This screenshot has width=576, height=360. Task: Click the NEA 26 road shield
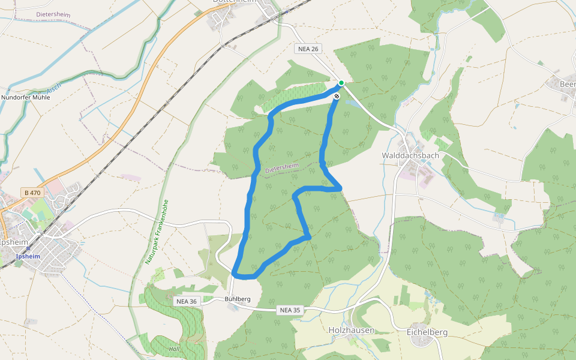coord(306,49)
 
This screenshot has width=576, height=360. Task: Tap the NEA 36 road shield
coord(185,301)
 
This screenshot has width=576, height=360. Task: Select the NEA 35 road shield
coord(289,310)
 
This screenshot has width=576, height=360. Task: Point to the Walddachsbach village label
coord(410,155)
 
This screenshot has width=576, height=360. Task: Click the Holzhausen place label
coord(352,331)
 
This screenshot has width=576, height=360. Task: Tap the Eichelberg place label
coord(427,332)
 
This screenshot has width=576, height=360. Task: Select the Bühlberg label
coord(237,299)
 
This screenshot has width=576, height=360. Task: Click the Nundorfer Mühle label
coord(26,97)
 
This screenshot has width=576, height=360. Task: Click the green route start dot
coord(341,83)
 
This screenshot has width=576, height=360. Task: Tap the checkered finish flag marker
coord(337,95)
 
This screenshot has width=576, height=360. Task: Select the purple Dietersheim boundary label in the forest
coord(282,168)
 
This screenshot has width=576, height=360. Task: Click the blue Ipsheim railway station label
coord(28,256)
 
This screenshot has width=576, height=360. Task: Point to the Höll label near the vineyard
coord(174,349)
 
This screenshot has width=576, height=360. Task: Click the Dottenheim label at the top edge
coord(235,2)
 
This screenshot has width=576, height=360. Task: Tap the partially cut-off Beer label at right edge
coord(567,84)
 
